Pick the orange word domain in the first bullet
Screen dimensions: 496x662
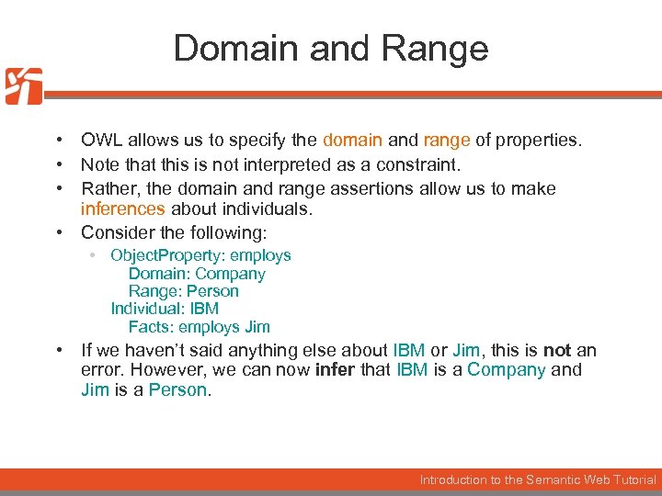pos(352,141)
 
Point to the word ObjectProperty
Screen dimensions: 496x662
pos(166,255)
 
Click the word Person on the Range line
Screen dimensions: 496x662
pos(212,291)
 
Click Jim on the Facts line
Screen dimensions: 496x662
pos(257,327)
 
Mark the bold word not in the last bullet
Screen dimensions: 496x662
pos(557,350)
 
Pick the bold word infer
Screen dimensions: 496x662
pos(334,370)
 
